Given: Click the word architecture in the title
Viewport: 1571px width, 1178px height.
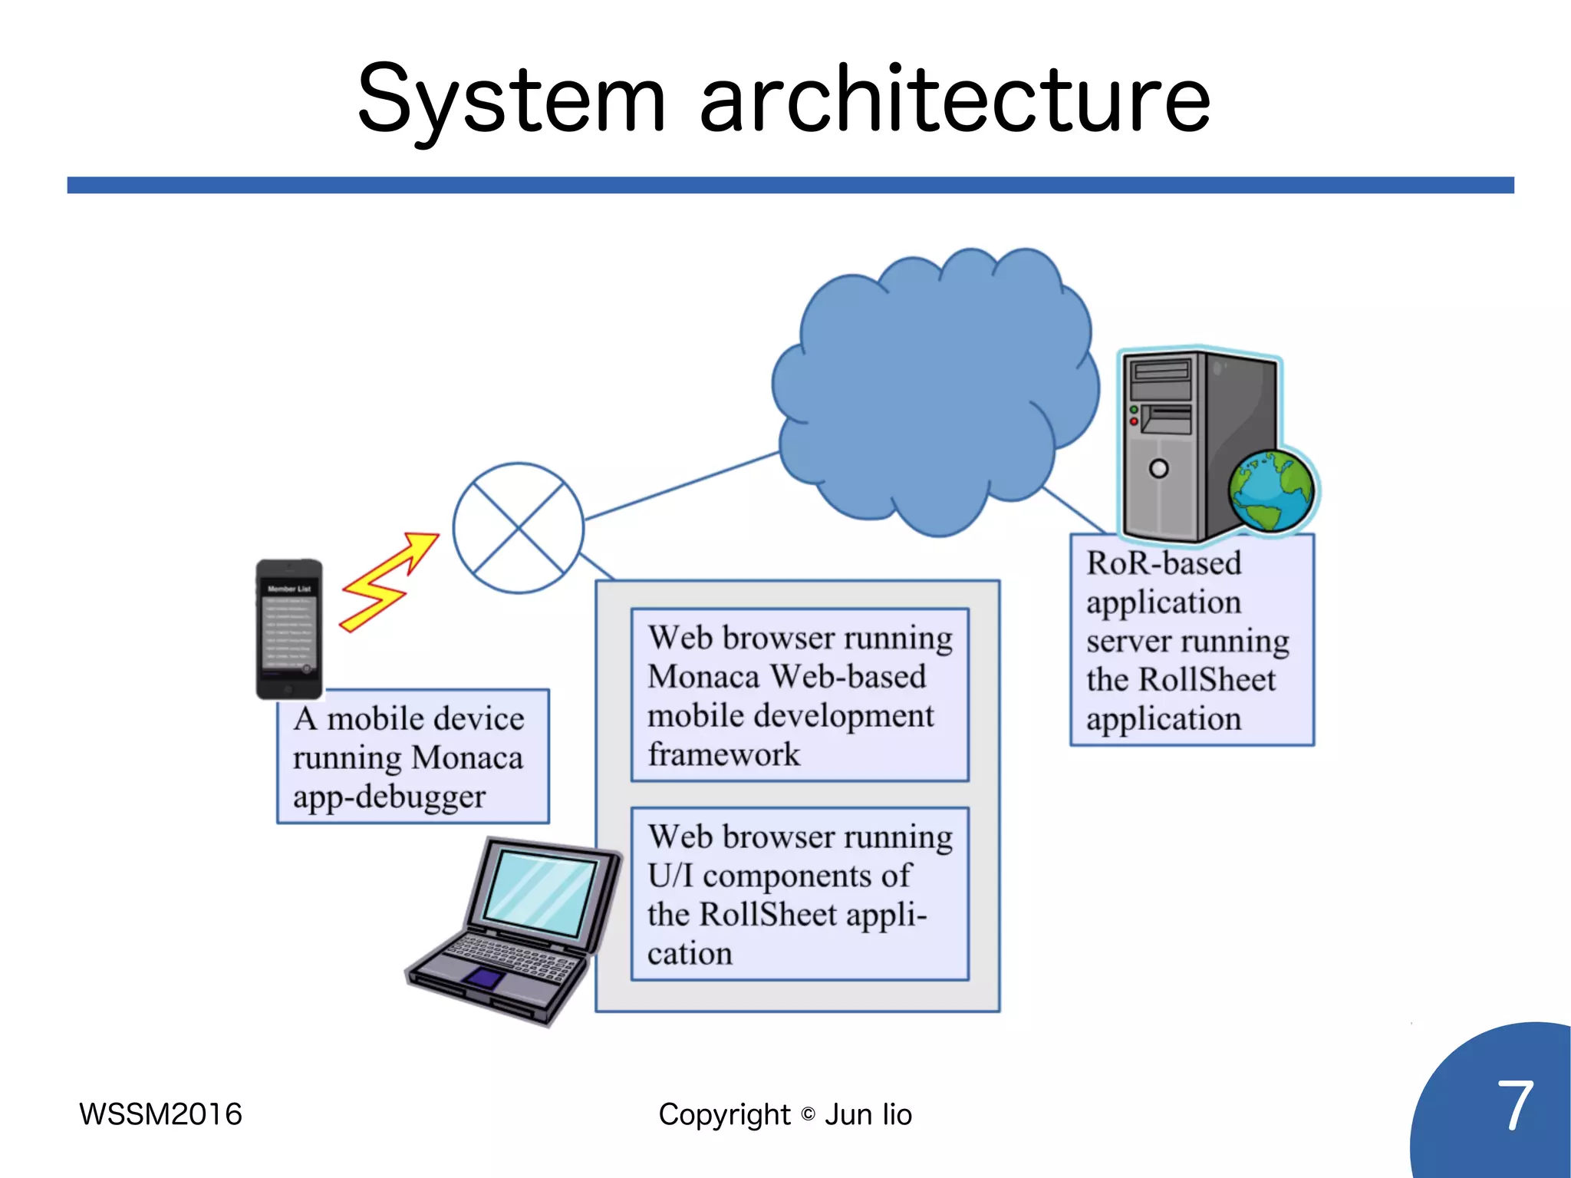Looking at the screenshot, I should pyautogui.click(x=955, y=100).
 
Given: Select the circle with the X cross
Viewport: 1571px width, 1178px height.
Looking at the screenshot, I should pyautogui.click(x=519, y=528).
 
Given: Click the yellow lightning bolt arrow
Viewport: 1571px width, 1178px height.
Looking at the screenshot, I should pyautogui.click(x=387, y=583).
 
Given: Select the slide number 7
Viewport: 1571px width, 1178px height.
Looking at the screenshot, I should pyautogui.click(x=1514, y=1106).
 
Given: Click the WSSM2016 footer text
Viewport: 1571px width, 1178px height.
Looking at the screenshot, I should pyautogui.click(x=160, y=1114).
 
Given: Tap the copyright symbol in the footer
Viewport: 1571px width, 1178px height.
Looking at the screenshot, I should pyautogui.click(x=808, y=1114).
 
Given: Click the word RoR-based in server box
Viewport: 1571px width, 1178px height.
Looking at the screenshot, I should pyautogui.click(x=1164, y=563).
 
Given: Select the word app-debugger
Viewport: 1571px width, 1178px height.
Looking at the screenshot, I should pyautogui.click(x=389, y=797).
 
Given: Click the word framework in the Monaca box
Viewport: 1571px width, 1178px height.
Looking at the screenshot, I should pyautogui.click(x=723, y=754).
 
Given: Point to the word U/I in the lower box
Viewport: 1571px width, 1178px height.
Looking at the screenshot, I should pyautogui.click(x=669, y=876).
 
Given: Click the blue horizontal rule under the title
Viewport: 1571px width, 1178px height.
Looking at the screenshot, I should pyautogui.click(x=790, y=185).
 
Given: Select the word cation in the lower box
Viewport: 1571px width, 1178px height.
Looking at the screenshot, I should pyautogui.click(x=690, y=954).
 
